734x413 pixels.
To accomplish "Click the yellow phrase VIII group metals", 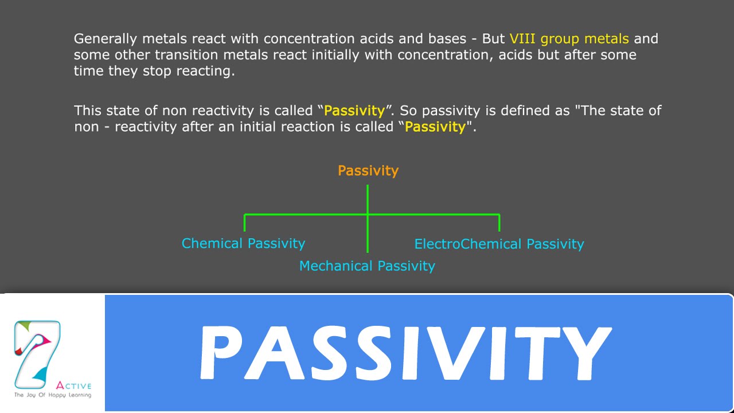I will coord(569,39).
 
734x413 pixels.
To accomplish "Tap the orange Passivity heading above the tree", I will coord(368,171).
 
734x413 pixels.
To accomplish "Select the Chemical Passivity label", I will coord(243,244).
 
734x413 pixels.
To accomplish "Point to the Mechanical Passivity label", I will coord(367,266).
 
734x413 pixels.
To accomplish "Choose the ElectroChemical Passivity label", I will coord(499,244).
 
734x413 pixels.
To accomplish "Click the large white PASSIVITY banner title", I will coord(404,353).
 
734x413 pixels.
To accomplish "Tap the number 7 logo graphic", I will coord(37,353).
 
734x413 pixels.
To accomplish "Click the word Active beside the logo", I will coord(74,386).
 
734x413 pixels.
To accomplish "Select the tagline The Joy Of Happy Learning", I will coord(52,395).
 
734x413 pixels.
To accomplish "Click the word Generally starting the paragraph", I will coord(106,39).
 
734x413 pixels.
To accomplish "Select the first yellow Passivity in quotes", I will coord(354,110).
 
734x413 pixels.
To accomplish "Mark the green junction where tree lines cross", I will coord(368,215).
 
